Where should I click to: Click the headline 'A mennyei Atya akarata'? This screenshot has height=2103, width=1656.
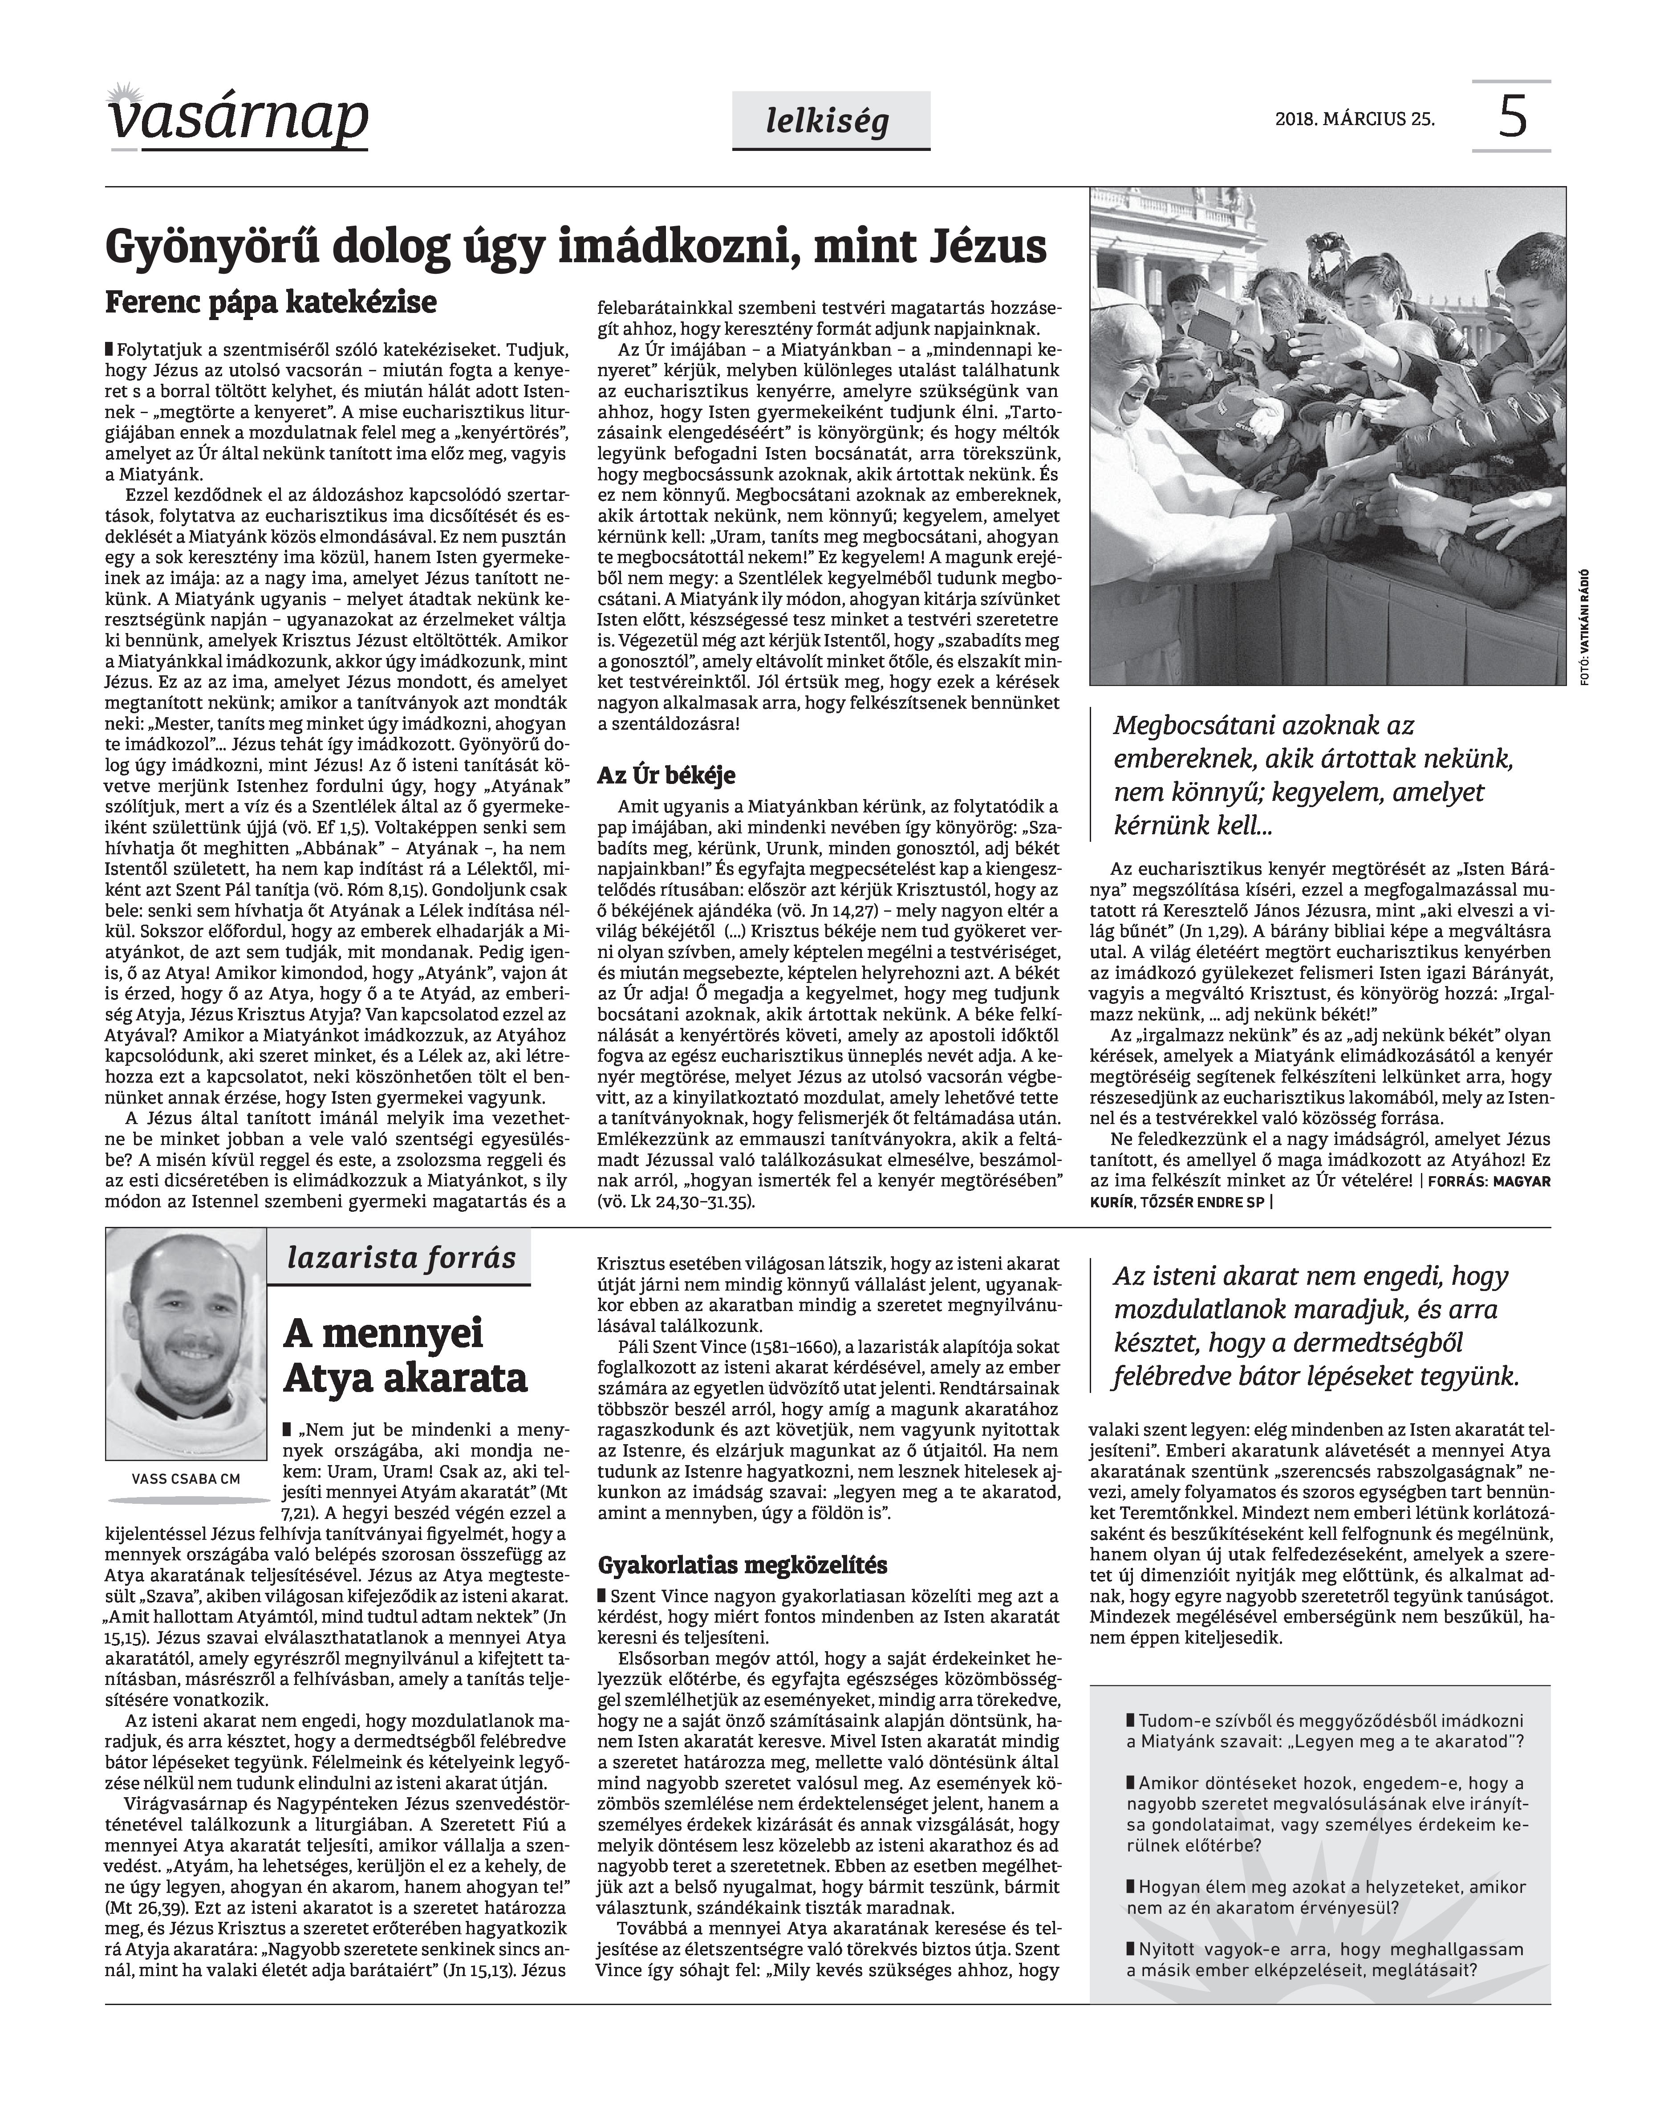(x=405, y=1356)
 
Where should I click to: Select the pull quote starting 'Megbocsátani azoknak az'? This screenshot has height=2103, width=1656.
(x=1314, y=775)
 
